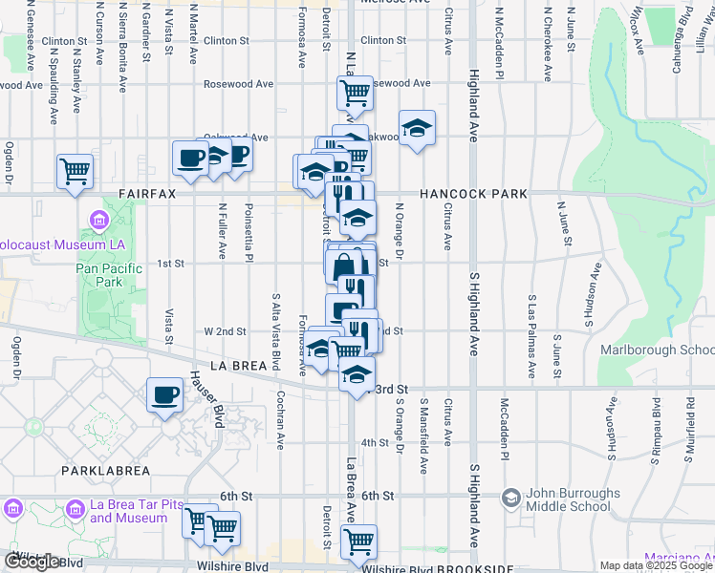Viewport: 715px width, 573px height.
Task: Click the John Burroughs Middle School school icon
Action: pos(511,498)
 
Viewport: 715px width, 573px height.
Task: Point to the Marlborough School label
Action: pos(657,350)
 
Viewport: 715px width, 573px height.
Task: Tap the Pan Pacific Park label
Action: pos(110,275)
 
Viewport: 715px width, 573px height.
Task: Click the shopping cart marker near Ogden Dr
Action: pos(75,172)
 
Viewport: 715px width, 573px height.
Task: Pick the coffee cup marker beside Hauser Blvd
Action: pos(165,393)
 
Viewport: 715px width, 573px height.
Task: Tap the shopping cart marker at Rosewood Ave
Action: pos(354,94)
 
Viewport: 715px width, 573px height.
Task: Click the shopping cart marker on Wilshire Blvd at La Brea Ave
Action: pos(358,541)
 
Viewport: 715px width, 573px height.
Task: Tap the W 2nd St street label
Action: pos(226,331)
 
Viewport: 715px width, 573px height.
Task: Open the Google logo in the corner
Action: pos(32,562)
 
